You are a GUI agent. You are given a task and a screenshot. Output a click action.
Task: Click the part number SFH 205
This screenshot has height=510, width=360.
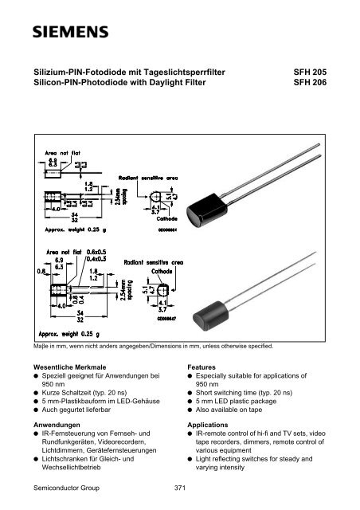(x=310, y=72)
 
